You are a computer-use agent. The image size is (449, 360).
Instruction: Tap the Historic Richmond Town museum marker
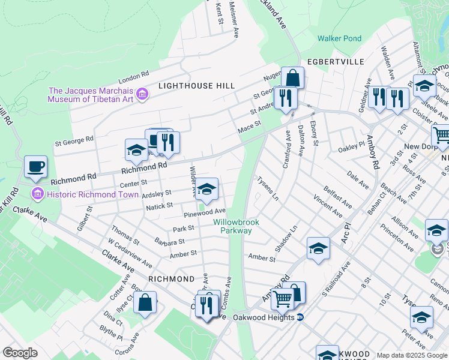[37, 193]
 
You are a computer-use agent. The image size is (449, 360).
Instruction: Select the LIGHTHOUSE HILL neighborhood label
[196, 86]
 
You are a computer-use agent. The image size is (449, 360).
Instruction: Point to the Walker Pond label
[340, 39]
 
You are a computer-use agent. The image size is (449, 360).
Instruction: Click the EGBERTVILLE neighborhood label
[336, 62]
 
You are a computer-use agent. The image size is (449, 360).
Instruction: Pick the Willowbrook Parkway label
[236, 226]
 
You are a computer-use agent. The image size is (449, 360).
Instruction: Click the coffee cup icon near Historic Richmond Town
[35, 166]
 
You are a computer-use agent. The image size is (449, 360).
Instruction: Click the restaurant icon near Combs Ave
[207, 305]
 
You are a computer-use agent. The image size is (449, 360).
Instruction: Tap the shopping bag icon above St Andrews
[292, 78]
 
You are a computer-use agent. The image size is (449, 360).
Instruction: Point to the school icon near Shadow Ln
[318, 248]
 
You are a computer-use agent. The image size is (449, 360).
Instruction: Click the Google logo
[20, 353]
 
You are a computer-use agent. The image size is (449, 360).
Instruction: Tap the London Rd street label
[133, 77]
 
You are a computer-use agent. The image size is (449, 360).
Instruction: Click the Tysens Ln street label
[268, 188]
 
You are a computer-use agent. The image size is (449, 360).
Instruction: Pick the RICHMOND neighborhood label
[172, 279]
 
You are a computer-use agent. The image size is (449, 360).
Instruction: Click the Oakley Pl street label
[351, 148]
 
